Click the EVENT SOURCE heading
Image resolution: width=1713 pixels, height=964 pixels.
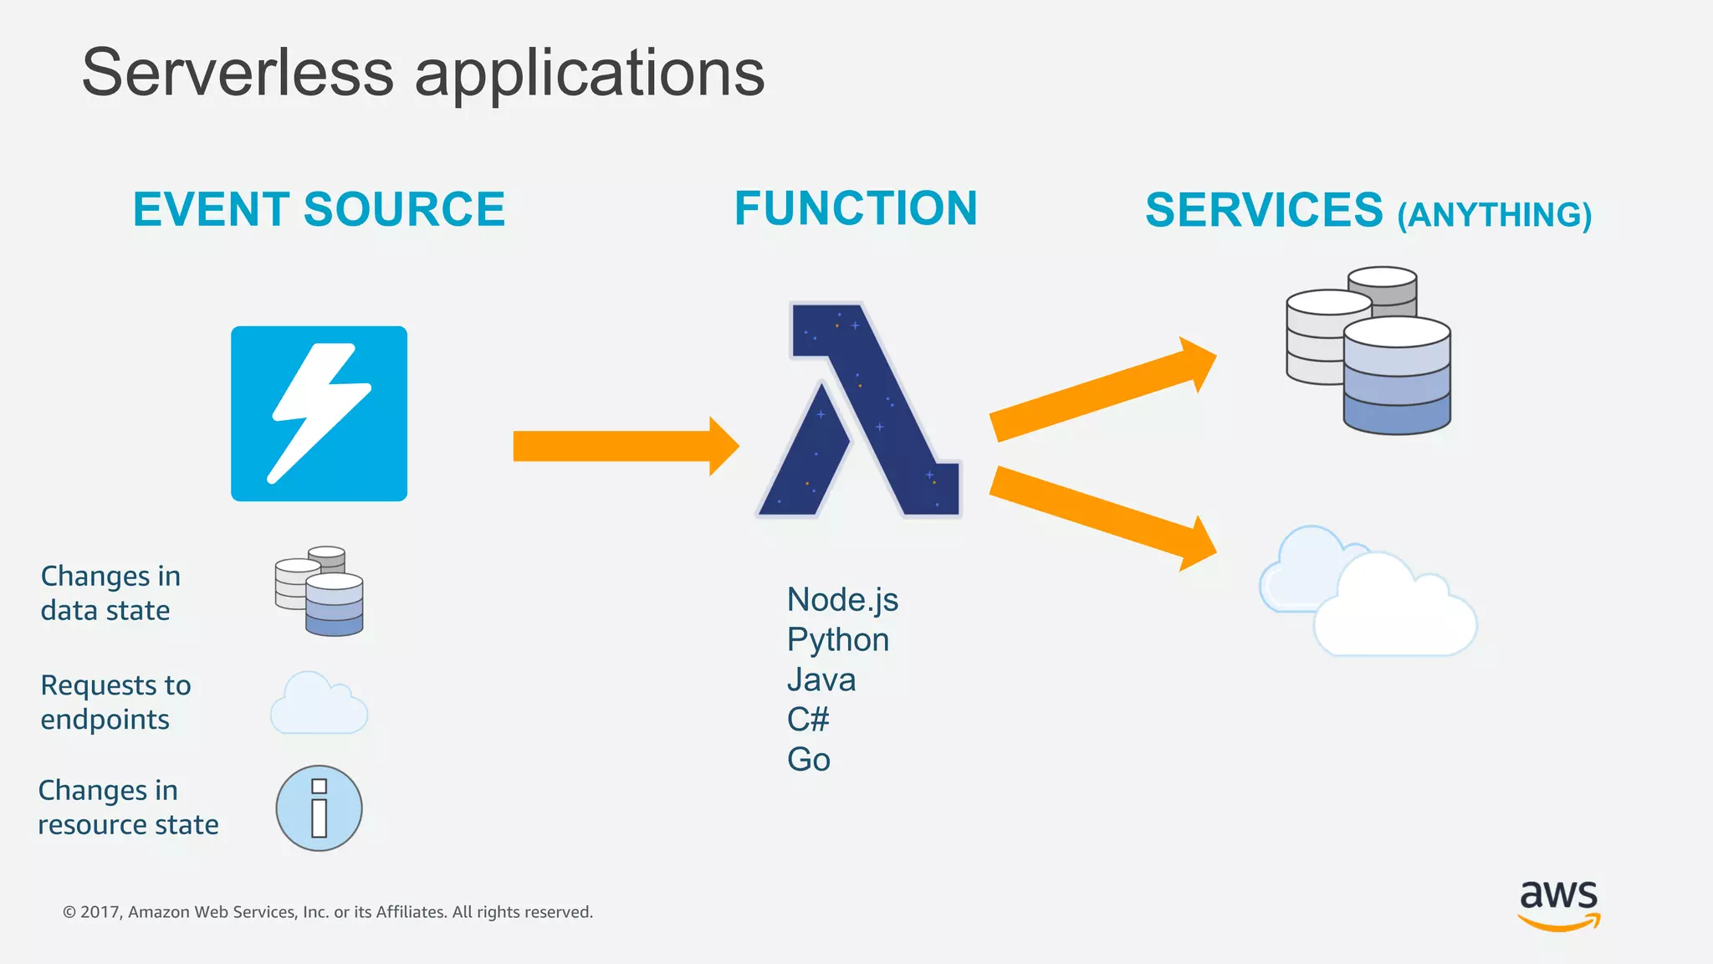[319, 209]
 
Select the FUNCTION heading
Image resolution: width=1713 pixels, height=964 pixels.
[856, 208]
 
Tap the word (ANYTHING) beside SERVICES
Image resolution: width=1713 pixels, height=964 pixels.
[1494, 215]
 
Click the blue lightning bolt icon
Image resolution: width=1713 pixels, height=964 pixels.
[319, 413]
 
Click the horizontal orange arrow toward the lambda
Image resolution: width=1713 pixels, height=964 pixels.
[623, 446]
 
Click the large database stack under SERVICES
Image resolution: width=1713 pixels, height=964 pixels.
[1369, 351]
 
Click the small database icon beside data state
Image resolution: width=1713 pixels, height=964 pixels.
[320, 591]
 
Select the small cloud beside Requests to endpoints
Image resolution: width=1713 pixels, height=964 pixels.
[319, 705]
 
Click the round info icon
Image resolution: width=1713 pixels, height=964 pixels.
[319, 808]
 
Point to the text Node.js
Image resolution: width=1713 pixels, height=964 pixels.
[842, 600]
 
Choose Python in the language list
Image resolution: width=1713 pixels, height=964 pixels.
[837, 640]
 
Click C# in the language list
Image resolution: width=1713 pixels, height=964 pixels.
[808, 720]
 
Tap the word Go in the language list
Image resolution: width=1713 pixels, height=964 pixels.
[808, 760]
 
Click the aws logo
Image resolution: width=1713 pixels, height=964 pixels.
[1558, 905]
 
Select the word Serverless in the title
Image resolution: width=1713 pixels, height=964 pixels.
[238, 74]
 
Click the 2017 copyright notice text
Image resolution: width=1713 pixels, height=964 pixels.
[328, 912]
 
